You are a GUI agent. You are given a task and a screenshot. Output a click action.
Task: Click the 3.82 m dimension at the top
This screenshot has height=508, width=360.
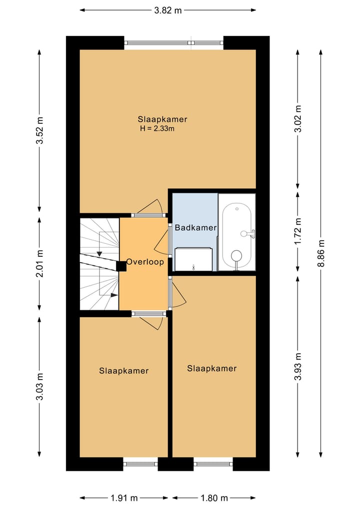(x=167, y=10)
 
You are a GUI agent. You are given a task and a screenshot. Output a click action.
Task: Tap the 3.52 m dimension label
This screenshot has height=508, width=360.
(x=40, y=130)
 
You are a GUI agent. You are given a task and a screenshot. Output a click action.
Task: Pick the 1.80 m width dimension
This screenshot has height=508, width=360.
(x=214, y=498)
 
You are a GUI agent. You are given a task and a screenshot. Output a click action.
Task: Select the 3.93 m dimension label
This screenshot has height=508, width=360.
(x=298, y=367)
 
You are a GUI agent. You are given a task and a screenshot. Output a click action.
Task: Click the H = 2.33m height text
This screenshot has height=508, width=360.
(x=157, y=128)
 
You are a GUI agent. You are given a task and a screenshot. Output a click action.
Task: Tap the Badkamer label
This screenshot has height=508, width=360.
(x=195, y=228)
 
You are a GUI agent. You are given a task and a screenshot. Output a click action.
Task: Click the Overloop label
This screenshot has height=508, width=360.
(x=145, y=262)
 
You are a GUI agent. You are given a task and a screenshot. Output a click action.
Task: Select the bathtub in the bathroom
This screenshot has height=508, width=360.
(x=237, y=232)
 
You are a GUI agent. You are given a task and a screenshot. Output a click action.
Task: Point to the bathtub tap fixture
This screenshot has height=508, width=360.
(x=247, y=233)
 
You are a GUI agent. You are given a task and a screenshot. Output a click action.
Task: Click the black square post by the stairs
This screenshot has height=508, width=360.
(x=121, y=266)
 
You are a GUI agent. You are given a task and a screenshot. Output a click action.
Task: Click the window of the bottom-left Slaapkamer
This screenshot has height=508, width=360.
(x=140, y=464)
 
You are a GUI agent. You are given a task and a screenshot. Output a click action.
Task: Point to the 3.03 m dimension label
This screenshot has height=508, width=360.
(x=40, y=387)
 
